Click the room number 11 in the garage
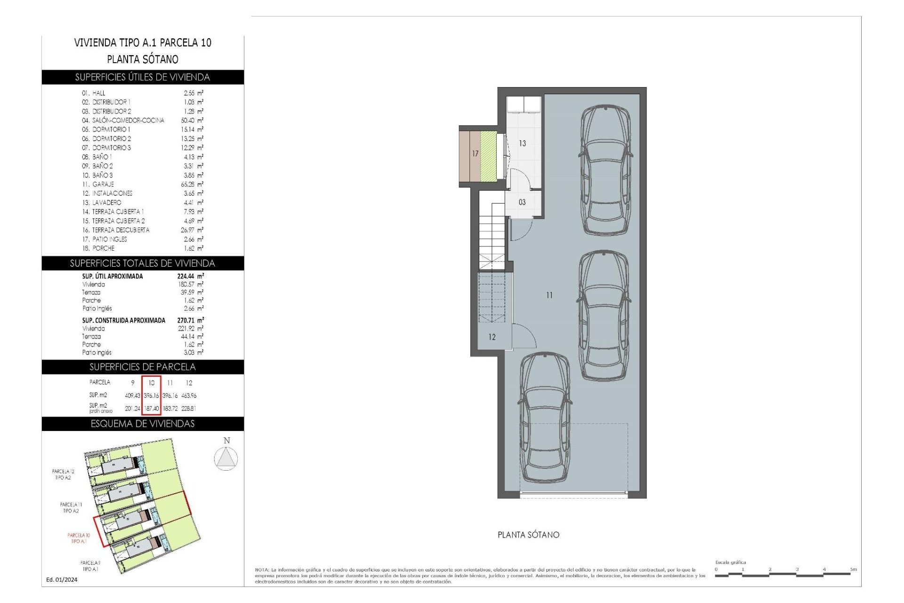tap(549, 295)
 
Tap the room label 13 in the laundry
tap(522, 143)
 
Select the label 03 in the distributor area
tap(522, 202)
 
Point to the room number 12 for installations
tap(492, 337)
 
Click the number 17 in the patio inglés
tap(475, 154)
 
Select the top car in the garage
tap(605, 170)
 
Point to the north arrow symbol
tap(226, 457)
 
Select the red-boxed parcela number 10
tap(152, 383)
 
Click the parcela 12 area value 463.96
tap(189, 396)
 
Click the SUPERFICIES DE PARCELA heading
tap(142, 367)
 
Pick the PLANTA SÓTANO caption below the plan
tap(528, 535)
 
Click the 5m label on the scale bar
tap(853, 570)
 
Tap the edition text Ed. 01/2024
tap(62, 580)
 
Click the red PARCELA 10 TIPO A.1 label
tap(79, 538)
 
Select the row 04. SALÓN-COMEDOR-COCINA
tap(123, 121)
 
